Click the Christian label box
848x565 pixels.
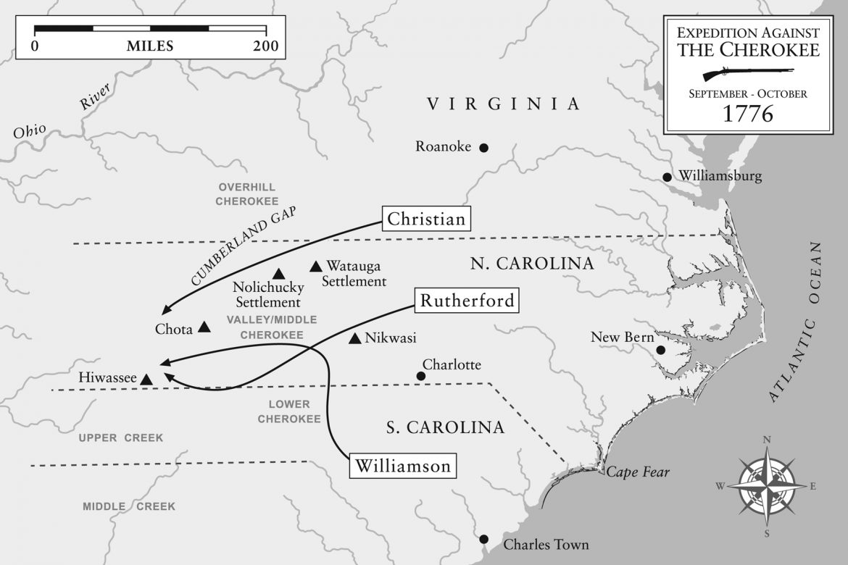(426, 219)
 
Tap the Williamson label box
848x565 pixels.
(403, 466)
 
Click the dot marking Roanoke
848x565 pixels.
(484, 148)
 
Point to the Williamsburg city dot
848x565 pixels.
(667, 177)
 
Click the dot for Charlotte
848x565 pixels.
(420, 375)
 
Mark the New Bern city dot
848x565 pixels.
(660, 351)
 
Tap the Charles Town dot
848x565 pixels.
(484, 539)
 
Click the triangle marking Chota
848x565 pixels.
(204, 327)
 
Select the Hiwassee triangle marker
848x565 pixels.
(146, 379)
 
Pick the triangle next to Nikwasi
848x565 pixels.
(354, 338)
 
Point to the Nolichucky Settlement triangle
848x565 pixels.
(278, 273)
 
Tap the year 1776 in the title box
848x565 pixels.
(748, 114)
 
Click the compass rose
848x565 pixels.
(767, 484)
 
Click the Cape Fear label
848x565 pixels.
(638, 473)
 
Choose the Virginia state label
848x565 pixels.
(503, 104)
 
